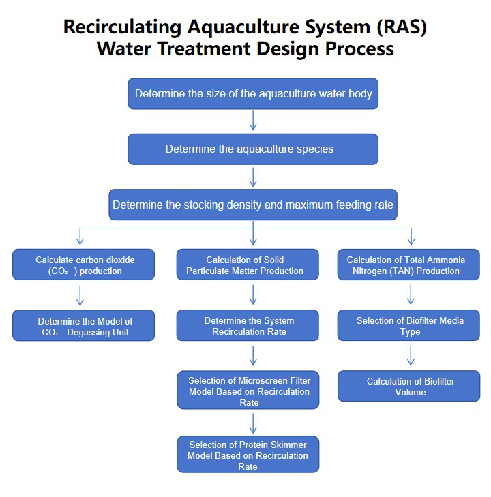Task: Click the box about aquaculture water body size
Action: pyautogui.click(x=253, y=93)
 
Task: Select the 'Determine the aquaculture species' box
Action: pyautogui.click(x=253, y=149)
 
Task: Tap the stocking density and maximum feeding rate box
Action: pyautogui.click(x=253, y=205)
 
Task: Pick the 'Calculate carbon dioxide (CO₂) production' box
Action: pyautogui.click(x=83, y=265)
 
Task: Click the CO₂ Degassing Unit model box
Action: pyautogui.click(x=83, y=326)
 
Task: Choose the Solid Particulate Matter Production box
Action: pyautogui.click(x=248, y=265)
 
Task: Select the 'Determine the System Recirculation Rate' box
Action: pyautogui.click(x=248, y=326)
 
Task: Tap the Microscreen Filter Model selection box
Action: pyautogui.click(x=248, y=390)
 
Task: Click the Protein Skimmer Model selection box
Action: pyautogui.click(x=248, y=455)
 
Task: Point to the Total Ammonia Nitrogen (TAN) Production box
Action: pyautogui.click(x=409, y=265)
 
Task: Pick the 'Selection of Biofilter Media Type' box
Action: pyautogui.click(x=409, y=326)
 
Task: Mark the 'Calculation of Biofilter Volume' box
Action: pyautogui.click(x=409, y=386)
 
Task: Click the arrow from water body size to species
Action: pyautogui.click(x=253, y=121)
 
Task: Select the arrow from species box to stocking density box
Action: pyautogui.click(x=253, y=177)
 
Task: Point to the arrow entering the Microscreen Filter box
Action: pyautogui.click(x=253, y=355)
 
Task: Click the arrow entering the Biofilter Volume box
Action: pyautogui.click(x=411, y=356)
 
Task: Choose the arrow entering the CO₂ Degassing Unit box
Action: pyautogui.click(x=80, y=295)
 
